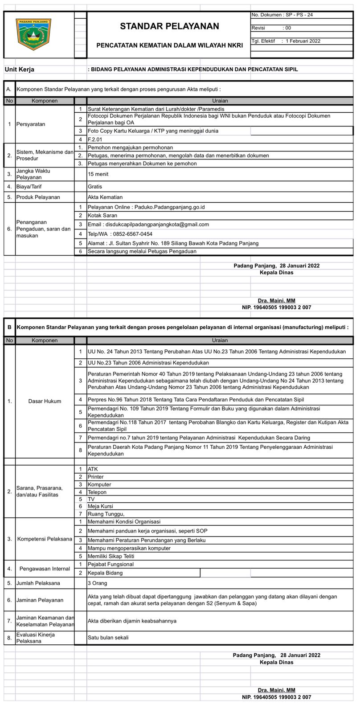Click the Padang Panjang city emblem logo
tap(33, 34)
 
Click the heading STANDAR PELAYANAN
tap(169, 26)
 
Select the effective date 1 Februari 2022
tap(303, 41)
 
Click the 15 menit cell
tap(98, 174)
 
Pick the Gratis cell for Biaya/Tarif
tap(95, 187)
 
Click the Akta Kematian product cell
tap(105, 197)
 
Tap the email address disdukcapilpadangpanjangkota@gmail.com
tap(148, 224)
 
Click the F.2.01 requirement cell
tap(95, 139)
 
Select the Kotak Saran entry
tap(102, 215)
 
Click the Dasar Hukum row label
tap(45, 401)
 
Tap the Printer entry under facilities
tap(96, 477)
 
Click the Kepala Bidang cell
tap(105, 573)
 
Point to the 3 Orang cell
tap(98, 583)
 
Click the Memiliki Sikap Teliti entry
tap(111, 556)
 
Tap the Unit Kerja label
tap(20, 70)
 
